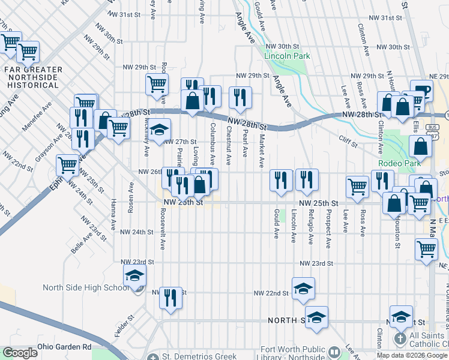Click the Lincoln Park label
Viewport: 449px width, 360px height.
[x=287, y=56]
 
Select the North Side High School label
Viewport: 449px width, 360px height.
[x=86, y=287]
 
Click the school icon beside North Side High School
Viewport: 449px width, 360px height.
[x=135, y=275]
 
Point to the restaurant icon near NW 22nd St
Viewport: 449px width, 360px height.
[x=170, y=297]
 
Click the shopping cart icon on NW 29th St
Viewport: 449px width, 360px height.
[x=157, y=83]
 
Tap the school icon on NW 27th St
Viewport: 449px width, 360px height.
[x=160, y=129]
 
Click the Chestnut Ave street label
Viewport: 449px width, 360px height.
[x=229, y=145]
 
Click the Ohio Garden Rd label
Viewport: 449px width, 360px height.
[x=64, y=347]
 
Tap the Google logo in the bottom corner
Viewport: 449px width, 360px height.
[x=20, y=353]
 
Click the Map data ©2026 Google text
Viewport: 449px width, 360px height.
[x=412, y=355]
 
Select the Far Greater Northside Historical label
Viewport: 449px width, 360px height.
[x=33, y=77]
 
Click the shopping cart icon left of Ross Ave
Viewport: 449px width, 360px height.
[x=358, y=186]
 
